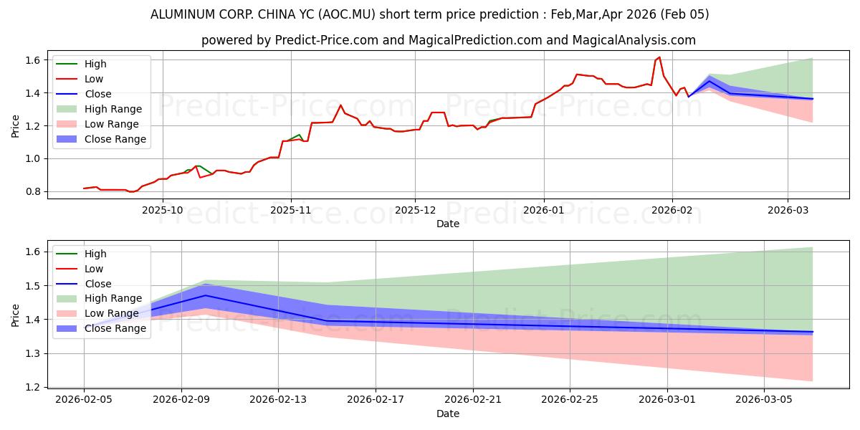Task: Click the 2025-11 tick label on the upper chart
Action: (x=290, y=211)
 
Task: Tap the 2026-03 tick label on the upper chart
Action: (x=788, y=211)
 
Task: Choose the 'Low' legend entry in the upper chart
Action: (x=94, y=79)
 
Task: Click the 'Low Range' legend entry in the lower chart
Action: (x=114, y=314)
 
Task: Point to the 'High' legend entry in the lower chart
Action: (x=95, y=254)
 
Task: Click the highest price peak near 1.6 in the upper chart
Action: (x=659, y=57)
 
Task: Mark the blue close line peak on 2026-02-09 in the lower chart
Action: (x=206, y=295)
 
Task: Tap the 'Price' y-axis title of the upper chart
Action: (x=16, y=125)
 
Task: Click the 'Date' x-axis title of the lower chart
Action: (x=448, y=414)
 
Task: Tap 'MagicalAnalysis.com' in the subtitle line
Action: (x=634, y=40)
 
